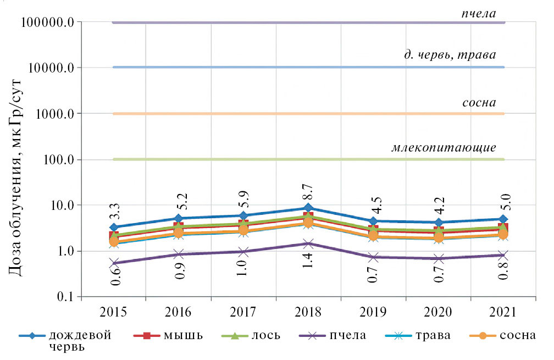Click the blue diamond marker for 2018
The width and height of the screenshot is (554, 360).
point(308,208)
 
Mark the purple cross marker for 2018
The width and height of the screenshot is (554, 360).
point(308,243)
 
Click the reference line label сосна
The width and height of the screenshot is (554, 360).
point(479,103)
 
